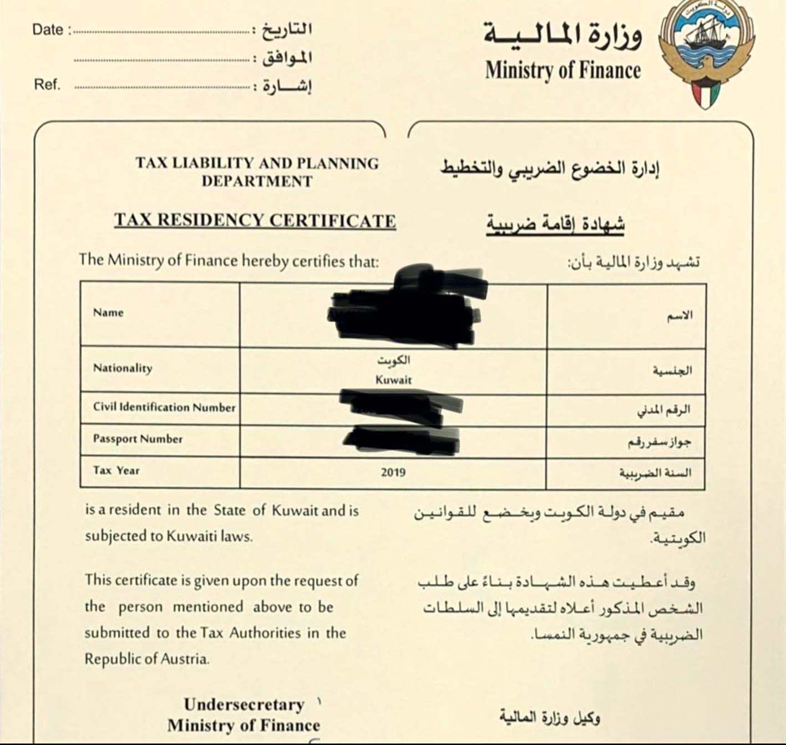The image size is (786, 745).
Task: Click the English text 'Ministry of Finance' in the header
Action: pos(562,70)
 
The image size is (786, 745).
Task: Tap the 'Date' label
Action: pos(48,29)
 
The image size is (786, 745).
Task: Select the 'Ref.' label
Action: pos(47,85)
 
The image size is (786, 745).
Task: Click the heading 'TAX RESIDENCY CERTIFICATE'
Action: pos(255,220)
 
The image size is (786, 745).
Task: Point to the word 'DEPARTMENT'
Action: pos(257,181)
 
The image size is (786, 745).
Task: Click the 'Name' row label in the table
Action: pos(108,312)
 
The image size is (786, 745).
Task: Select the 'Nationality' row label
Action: pos(123,368)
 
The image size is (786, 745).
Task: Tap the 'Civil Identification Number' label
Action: pos(164,407)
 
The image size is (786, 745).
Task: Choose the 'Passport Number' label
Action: pos(138,439)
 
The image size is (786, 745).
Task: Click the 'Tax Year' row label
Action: pos(116,470)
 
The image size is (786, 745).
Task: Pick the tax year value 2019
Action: pos(393,473)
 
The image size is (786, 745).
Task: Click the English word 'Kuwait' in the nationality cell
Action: pos(393,380)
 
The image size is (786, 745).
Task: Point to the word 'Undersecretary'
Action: pos(244,705)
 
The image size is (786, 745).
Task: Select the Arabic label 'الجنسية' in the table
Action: pos(672,371)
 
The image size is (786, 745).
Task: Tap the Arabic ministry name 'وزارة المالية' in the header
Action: pos(562,34)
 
